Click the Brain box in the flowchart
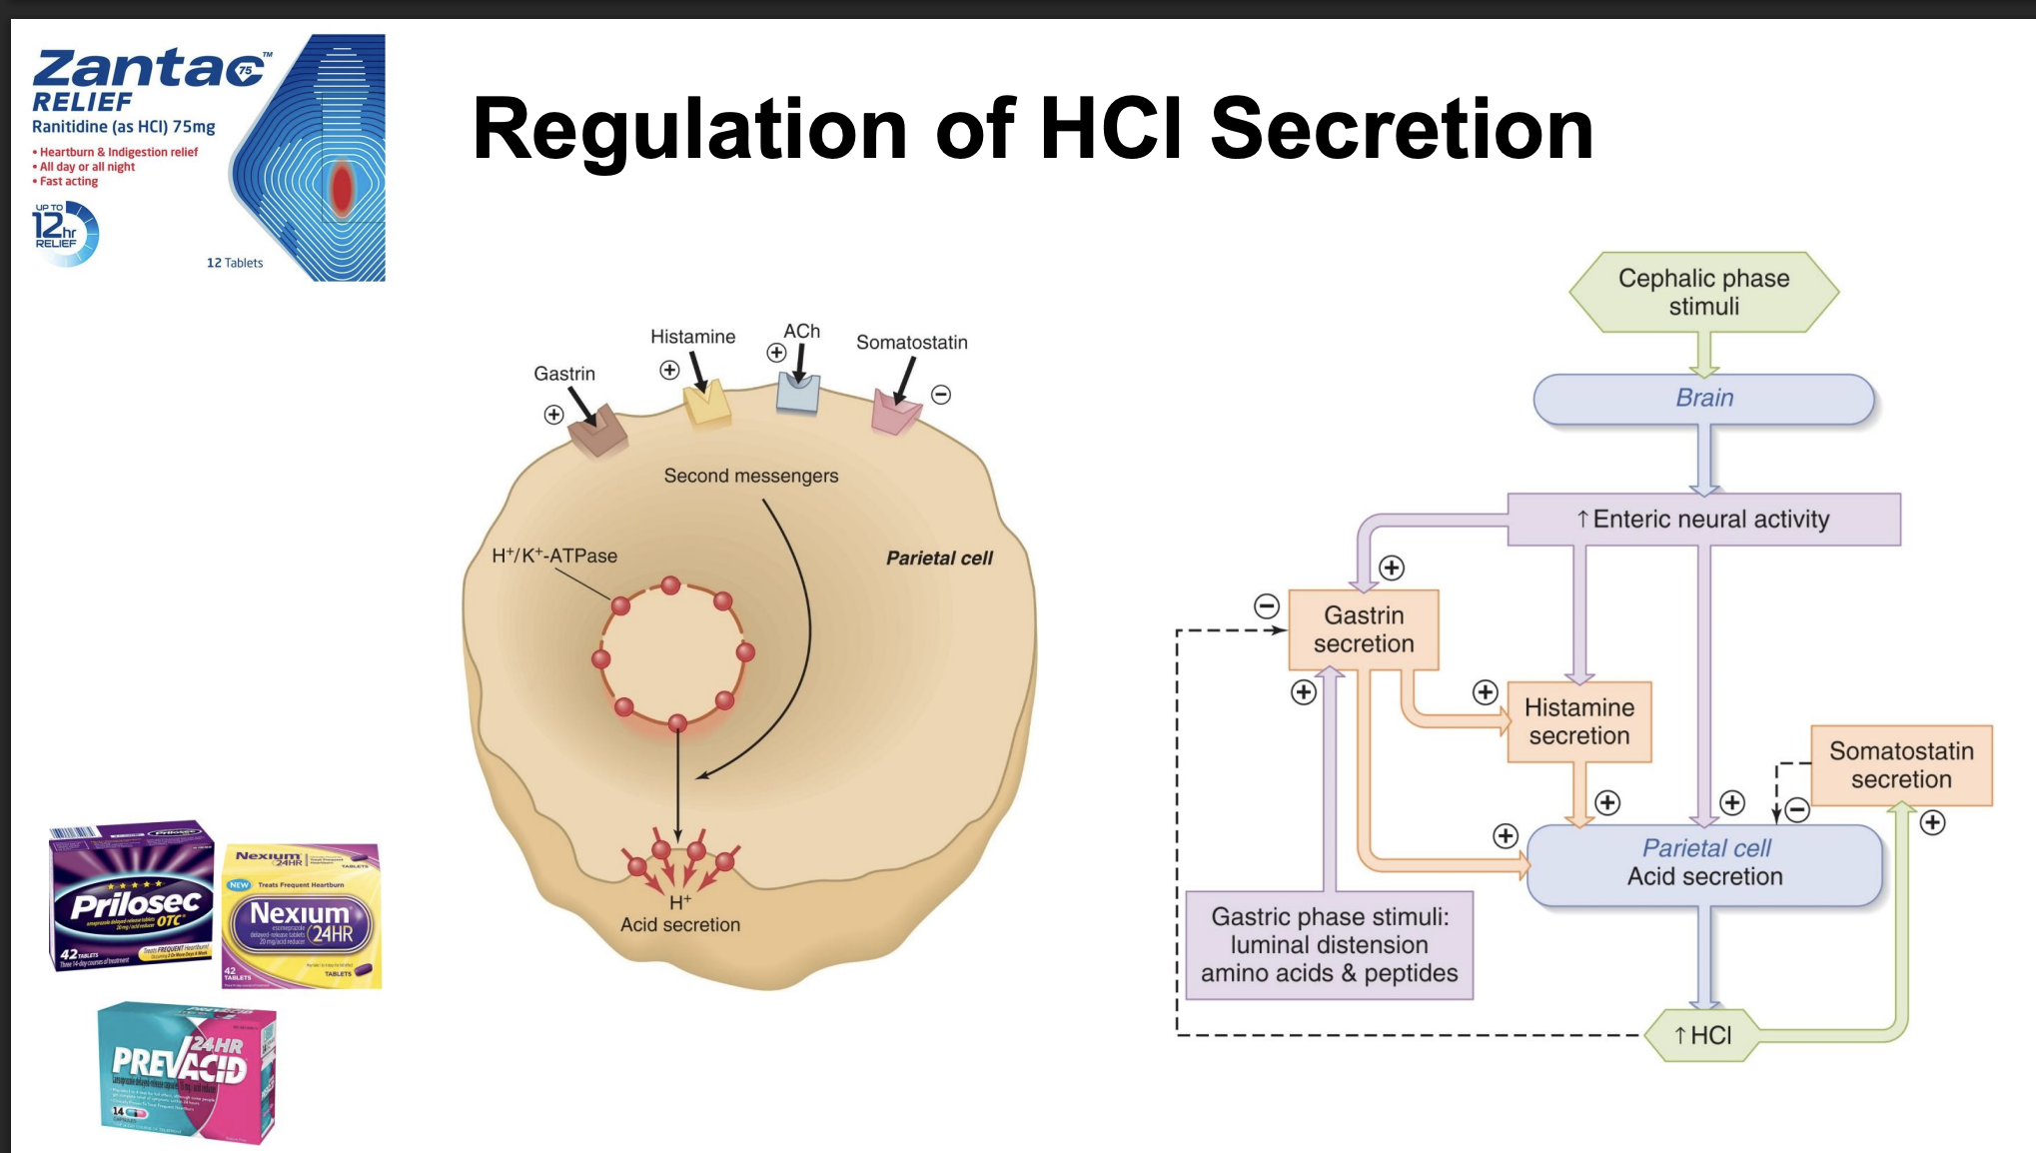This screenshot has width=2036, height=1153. pos(1703,399)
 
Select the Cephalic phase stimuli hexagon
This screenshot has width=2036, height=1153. pos(1703,292)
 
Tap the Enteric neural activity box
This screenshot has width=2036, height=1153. pos(1703,520)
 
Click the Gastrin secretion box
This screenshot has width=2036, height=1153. pos(1364,629)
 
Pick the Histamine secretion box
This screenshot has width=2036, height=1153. pos(1578,721)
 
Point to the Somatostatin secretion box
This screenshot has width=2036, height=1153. pos(1901,765)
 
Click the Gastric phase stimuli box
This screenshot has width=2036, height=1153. pos(1329,945)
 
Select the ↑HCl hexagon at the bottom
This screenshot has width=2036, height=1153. pos(1703,1035)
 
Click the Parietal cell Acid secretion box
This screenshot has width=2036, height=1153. pos(1704,863)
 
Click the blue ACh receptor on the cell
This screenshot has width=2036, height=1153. pos(798,394)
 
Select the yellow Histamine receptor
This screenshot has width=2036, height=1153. pos(707,405)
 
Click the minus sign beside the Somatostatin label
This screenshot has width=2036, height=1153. pos(941,395)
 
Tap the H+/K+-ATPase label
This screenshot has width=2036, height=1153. pos(554,556)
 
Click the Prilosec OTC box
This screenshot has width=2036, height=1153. pos(133,897)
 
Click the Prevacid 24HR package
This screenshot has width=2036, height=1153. pos(187,1071)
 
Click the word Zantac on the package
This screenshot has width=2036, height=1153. pos(150,70)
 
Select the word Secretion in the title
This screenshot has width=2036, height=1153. pos(1401,130)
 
